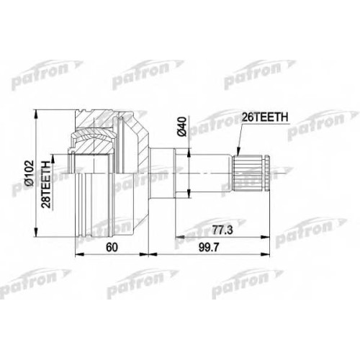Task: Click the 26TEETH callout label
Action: click(264, 117)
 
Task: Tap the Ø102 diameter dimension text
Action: click(30, 174)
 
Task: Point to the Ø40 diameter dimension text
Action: click(181, 127)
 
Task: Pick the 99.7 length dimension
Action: click(209, 248)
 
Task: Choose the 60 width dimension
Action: click(112, 248)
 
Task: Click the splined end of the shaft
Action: click(248, 173)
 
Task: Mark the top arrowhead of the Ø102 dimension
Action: click(36, 114)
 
